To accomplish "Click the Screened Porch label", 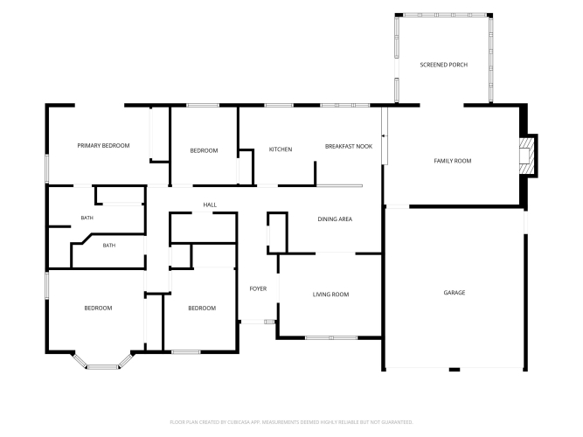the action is point(443,65).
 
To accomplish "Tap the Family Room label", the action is point(453,161).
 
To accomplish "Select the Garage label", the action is point(455,293).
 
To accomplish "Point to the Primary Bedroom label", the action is point(103,145).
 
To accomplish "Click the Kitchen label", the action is point(281,149).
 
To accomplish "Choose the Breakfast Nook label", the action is point(349,146).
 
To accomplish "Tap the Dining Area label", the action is point(335,219).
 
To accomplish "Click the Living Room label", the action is point(330,295).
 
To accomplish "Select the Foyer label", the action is point(258,288).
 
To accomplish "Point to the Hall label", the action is point(210,205).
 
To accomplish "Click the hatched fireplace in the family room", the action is point(526,156).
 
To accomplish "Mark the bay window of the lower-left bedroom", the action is point(103,362).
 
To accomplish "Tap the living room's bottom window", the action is point(331,338).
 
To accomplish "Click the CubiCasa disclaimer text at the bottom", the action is point(291,422).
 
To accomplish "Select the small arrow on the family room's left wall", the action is point(383,136).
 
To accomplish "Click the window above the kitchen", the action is point(279,105).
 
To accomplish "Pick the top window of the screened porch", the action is point(445,15).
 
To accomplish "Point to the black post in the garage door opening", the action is point(455,370).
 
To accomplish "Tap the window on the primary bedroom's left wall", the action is point(47,169).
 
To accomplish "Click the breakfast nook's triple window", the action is point(344,105).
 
